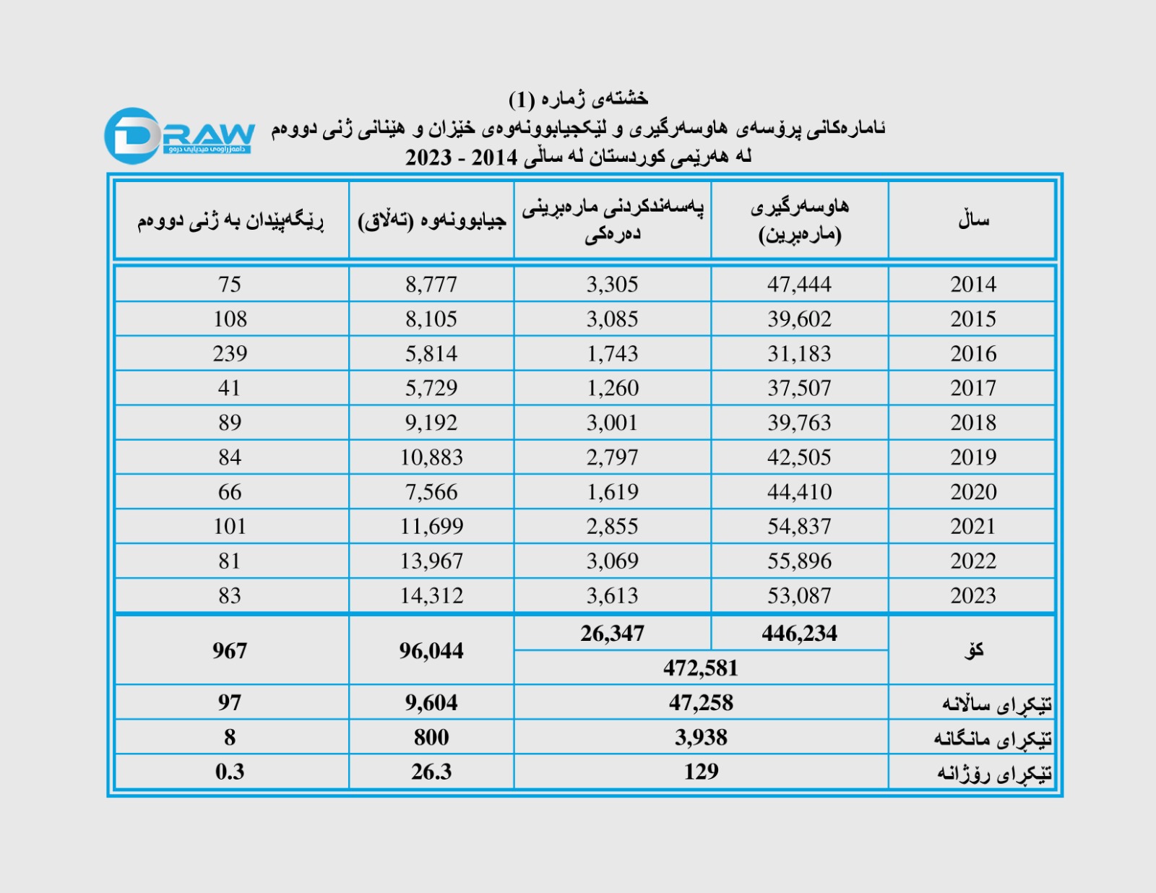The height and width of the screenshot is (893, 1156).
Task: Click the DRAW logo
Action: (179, 135)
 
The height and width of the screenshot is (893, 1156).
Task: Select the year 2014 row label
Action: (972, 284)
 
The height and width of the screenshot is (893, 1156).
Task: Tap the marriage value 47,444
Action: (799, 284)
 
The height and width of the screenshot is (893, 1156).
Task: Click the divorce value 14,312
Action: (431, 595)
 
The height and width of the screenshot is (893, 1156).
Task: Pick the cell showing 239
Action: (230, 353)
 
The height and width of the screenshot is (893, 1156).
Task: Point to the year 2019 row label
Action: (972, 457)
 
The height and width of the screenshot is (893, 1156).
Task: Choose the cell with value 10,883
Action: (431, 457)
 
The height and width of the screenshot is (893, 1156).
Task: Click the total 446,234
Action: (799, 634)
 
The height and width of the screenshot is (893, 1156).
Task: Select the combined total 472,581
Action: (701, 668)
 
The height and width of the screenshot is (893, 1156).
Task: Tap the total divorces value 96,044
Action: (431, 650)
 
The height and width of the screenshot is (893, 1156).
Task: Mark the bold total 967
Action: (230, 650)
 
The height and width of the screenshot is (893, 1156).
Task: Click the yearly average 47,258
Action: (701, 702)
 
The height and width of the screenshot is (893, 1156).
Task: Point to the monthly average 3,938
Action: (701, 737)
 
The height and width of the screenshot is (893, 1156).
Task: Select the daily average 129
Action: (701, 772)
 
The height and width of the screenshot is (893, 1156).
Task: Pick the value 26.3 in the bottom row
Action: (431, 772)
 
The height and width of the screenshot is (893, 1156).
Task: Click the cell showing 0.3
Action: (230, 772)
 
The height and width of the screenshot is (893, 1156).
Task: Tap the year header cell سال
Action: (972, 220)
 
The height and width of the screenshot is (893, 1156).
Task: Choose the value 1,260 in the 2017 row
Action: (612, 388)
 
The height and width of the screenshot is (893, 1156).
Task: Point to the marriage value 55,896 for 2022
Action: (799, 561)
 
